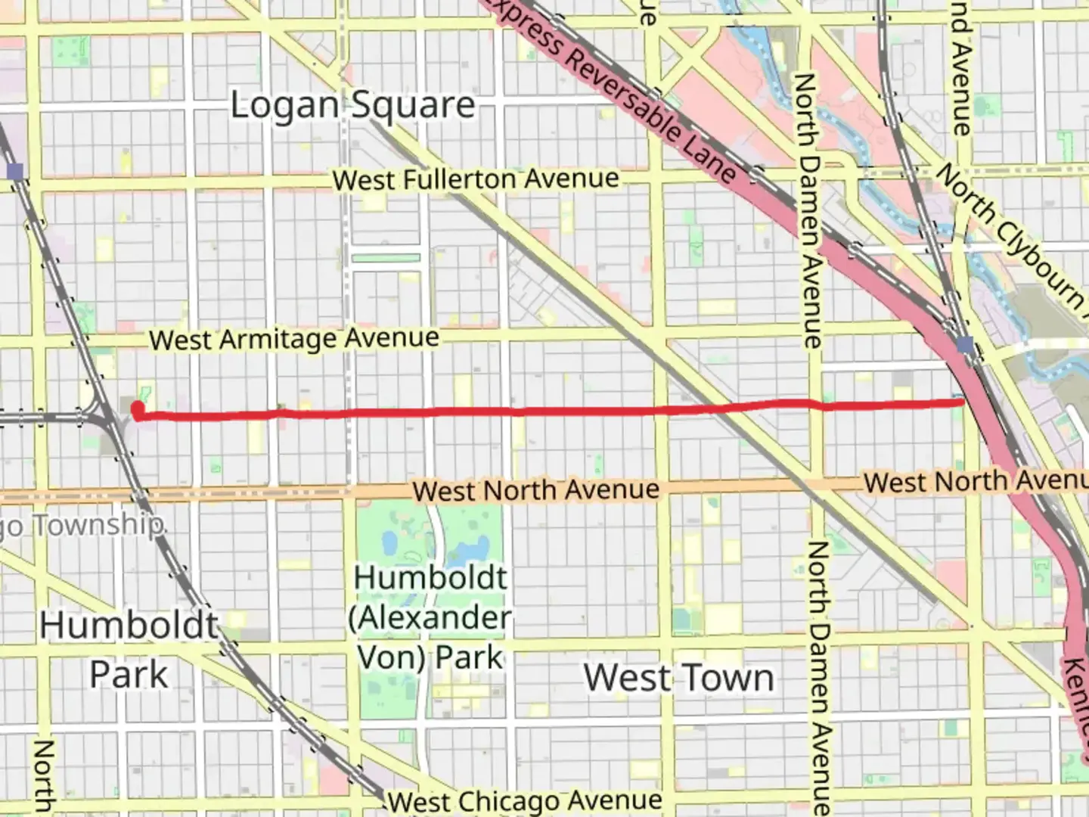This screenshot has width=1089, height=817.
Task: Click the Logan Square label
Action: tap(352, 105)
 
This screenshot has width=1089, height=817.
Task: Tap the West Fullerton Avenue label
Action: tap(476, 179)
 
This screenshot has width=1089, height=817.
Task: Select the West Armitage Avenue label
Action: tap(294, 339)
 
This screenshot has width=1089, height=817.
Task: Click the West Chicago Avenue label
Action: tap(524, 800)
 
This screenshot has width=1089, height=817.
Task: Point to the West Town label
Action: tap(679, 677)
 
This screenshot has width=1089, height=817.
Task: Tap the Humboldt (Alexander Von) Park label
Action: tap(430, 617)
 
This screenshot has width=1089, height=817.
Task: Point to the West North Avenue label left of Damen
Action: tap(536, 490)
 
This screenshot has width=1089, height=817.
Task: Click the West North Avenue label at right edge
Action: tap(976, 481)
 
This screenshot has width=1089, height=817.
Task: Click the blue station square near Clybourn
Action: tap(965, 346)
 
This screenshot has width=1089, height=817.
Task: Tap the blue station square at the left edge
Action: tap(15, 171)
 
